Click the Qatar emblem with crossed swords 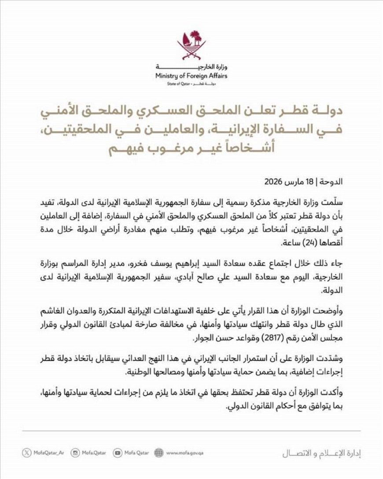191,45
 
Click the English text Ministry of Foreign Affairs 191,76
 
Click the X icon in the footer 27,453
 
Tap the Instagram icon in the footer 75,453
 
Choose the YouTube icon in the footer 118,453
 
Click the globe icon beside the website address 159,453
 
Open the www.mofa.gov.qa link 184,453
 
